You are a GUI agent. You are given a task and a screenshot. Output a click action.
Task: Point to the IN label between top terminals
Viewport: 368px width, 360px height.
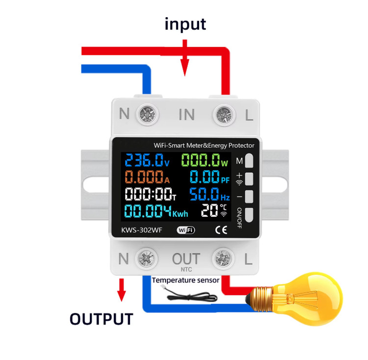coord(186,115)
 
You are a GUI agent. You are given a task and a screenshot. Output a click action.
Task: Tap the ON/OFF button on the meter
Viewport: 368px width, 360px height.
coord(249,215)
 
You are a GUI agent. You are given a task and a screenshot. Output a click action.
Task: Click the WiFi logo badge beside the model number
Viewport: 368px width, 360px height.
coord(185,230)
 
